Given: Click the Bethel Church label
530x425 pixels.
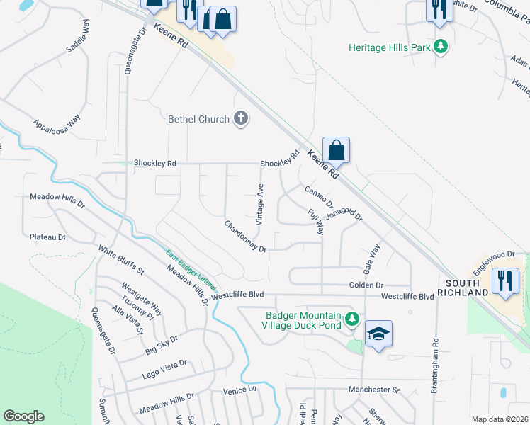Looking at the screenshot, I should point(198,119).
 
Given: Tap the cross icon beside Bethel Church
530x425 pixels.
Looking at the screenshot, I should point(241,118).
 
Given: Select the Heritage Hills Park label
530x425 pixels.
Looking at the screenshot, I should point(390,47).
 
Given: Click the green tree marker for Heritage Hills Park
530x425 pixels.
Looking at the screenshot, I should point(441,47).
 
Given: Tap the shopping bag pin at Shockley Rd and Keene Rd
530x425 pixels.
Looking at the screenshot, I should point(337,150).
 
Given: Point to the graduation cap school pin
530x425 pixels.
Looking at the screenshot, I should point(379,334).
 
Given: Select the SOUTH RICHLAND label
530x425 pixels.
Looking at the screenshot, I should point(463,288).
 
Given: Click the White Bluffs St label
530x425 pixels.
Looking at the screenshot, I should point(121,261).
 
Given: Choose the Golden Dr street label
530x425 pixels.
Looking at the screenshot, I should point(366,285).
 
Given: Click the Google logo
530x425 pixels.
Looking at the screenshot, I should point(23,416).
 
